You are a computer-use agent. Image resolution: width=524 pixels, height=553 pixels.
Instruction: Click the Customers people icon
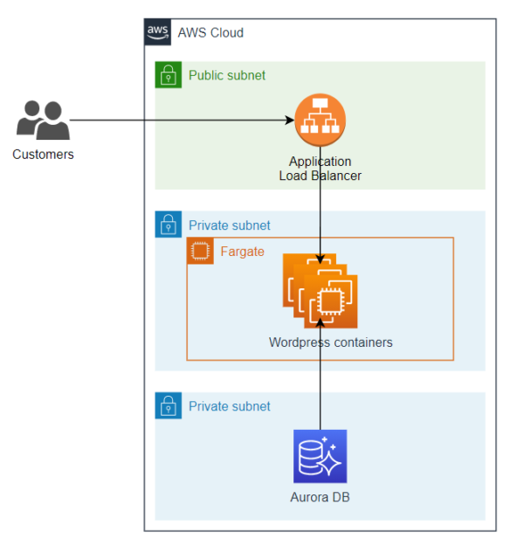[43, 121]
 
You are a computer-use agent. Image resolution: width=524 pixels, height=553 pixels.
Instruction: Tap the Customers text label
[43, 155]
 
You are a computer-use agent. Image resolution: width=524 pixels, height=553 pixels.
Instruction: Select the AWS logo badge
[157, 32]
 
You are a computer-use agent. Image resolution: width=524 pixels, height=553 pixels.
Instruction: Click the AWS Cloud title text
[210, 33]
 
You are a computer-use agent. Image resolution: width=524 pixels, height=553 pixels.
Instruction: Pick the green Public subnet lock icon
[168, 75]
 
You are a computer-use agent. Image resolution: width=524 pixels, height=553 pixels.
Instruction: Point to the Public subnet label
[227, 75]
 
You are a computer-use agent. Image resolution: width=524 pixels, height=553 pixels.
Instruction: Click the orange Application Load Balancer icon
[320, 121]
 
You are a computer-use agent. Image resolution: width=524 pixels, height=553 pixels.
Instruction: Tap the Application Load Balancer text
[320, 169]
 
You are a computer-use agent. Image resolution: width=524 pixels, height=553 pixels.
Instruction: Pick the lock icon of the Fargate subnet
[168, 225]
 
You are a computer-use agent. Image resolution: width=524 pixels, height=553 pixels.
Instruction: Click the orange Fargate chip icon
[200, 252]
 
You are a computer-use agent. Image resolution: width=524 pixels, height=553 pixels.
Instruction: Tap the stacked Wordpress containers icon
[321, 292]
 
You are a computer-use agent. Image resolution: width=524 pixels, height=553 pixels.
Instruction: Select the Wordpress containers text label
[330, 342]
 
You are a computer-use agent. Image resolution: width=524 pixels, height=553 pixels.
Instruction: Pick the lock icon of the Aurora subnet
[168, 405]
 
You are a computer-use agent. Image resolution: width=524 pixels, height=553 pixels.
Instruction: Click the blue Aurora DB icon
[320, 456]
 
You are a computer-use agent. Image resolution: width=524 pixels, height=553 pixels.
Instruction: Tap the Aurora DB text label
[320, 497]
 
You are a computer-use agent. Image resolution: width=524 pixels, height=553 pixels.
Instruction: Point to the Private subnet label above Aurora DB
[229, 406]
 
